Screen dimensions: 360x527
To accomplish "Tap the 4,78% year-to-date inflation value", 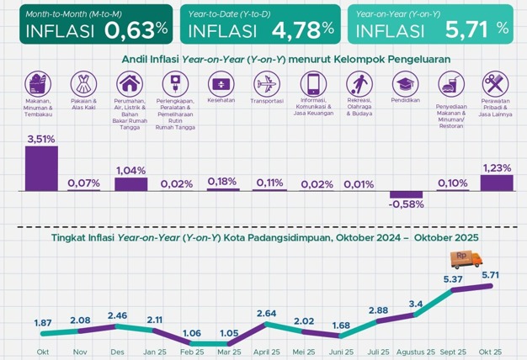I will [299, 30].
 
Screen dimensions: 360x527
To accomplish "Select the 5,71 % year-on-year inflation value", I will [476, 30].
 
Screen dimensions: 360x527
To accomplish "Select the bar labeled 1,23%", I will [496, 182].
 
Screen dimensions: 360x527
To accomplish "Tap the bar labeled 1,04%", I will [131, 183].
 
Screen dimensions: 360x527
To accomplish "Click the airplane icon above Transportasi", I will [266, 83].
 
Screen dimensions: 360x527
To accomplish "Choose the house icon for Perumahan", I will [130, 83].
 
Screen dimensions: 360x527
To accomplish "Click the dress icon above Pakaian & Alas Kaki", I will [84, 83].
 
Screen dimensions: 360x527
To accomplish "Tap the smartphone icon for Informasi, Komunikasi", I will [312, 83].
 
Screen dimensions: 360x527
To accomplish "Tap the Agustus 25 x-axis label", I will [416, 351].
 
